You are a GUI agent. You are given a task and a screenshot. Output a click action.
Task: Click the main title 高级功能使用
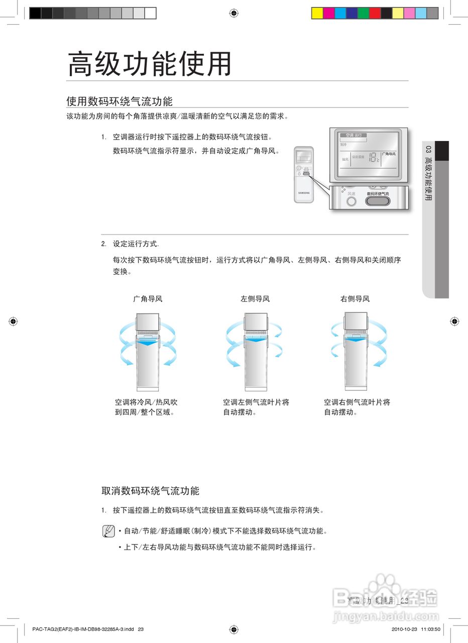150,64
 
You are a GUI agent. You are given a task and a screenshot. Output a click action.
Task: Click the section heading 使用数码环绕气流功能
120,101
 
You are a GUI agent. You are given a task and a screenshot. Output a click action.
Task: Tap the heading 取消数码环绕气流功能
151,491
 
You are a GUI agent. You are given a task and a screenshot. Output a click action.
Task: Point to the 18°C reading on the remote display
373,157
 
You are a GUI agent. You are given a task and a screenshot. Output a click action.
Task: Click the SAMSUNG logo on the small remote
304,192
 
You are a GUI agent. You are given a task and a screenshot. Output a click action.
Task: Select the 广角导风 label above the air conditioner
148,299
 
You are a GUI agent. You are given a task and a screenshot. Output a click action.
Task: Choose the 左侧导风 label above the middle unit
255,299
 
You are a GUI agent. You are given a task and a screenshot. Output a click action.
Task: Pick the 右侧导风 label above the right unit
355,299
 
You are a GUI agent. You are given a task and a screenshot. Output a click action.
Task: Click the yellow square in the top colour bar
317,13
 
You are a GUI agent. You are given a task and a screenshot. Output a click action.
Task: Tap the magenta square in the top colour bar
328,13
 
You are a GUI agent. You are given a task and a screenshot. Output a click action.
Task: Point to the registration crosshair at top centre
233,13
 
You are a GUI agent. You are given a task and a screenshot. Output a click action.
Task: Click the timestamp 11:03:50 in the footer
431,629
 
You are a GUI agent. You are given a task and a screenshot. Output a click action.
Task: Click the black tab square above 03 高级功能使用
442,151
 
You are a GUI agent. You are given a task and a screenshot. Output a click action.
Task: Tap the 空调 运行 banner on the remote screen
353,136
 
